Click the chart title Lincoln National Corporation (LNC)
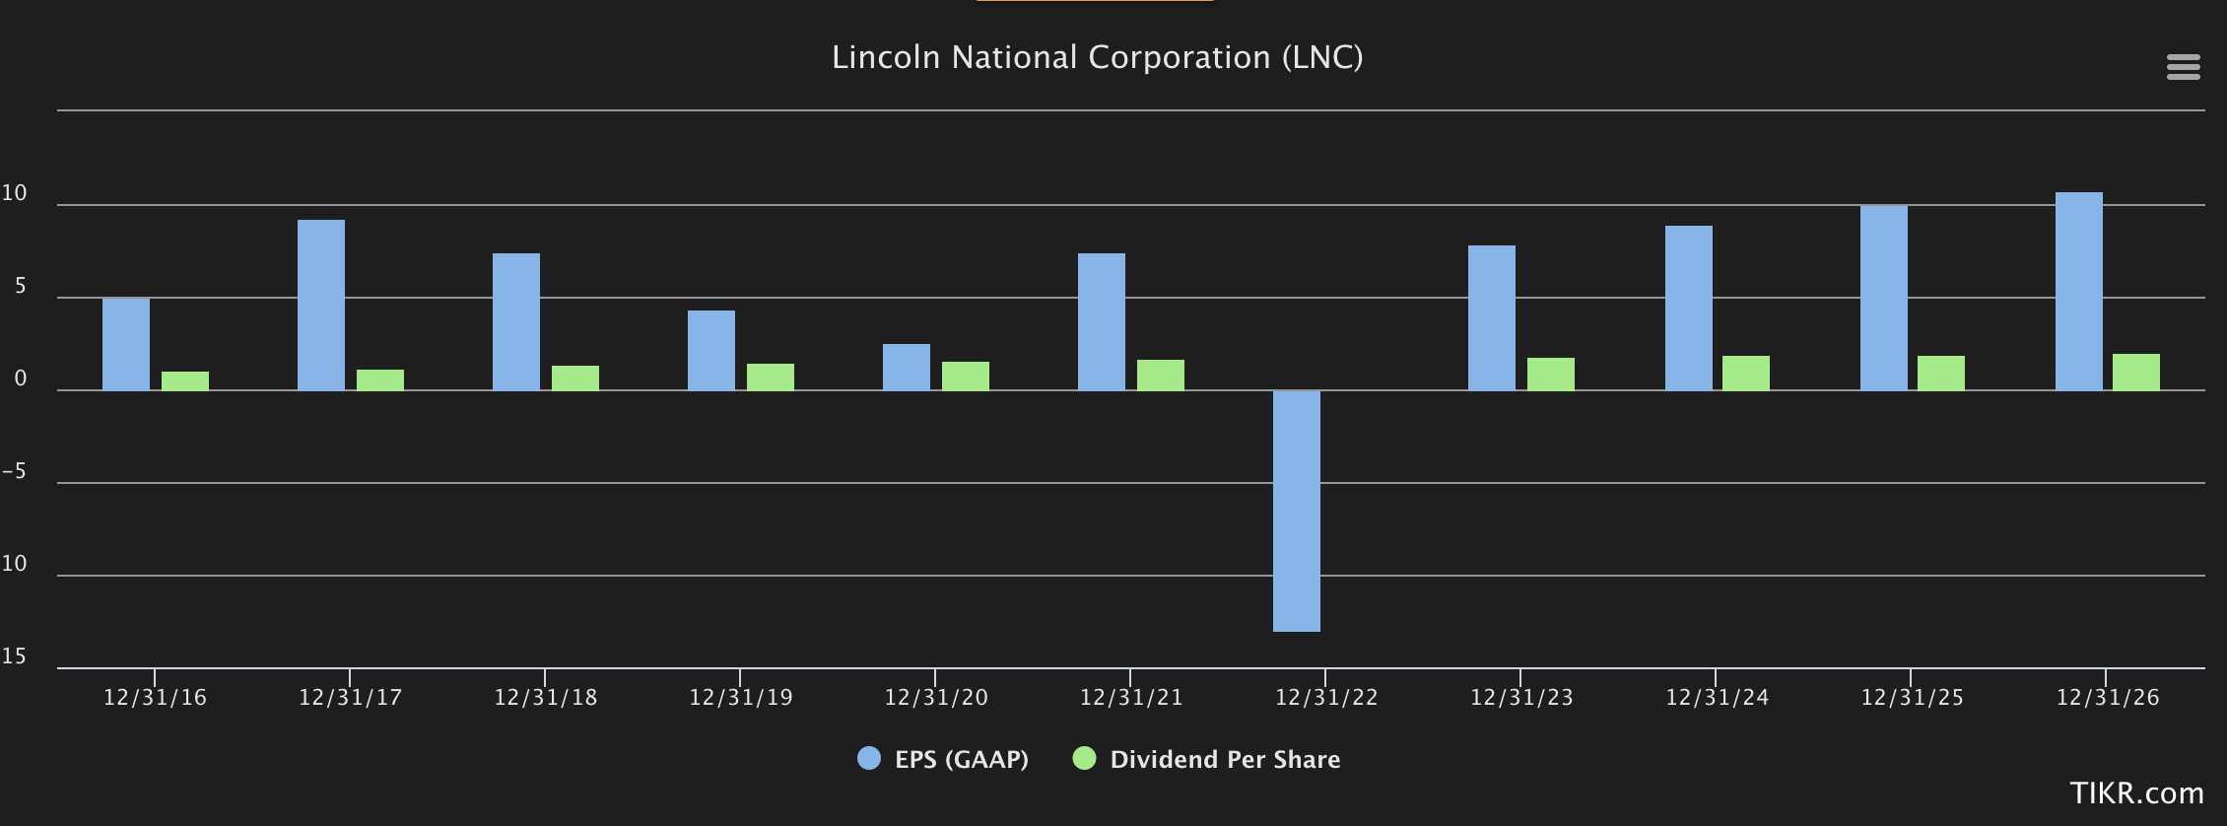[1097, 57]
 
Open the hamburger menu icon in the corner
[2183, 67]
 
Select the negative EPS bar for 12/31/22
[1296, 511]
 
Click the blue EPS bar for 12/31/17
[321, 306]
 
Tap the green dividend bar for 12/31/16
[185, 380]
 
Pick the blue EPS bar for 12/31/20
[907, 367]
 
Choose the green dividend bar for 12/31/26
[2135, 372]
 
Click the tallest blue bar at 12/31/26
[2078, 292]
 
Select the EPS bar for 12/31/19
[711, 350]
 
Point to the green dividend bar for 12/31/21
[1161, 375]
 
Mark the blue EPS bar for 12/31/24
[1689, 308]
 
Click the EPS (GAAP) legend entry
[943, 759]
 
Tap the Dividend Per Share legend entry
[1207, 759]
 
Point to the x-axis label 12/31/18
[545, 698]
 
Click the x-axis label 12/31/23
[1520, 698]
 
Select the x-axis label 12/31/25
[1912, 698]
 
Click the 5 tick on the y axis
[20, 287]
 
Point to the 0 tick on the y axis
[20, 379]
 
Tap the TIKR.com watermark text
[2136, 792]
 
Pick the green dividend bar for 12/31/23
[1551, 374]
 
